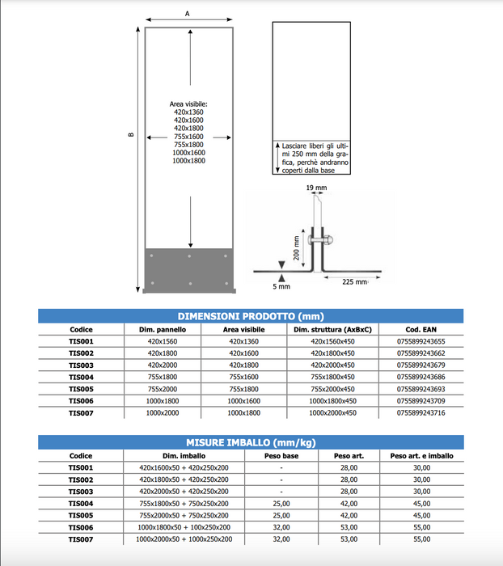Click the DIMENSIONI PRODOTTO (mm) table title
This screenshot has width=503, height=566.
click(x=251, y=316)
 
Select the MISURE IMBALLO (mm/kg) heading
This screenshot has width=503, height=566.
click(x=251, y=442)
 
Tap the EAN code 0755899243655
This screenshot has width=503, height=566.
click(x=421, y=342)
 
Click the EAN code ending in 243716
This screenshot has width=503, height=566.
click(x=421, y=413)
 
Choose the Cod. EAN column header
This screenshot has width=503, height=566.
click(x=421, y=330)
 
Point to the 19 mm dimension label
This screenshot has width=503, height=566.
click(x=317, y=188)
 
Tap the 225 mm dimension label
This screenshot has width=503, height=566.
click(x=353, y=282)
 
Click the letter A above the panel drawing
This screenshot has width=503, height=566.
click(x=188, y=13)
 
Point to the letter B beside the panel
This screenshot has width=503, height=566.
click(x=130, y=134)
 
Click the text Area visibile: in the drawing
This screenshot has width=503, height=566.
click(x=188, y=104)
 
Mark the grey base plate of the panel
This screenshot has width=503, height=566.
click(x=189, y=270)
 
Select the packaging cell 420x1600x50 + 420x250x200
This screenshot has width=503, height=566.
click(x=184, y=468)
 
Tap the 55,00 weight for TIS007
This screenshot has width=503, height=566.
click(x=421, y=539)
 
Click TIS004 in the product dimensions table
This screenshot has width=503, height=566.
click(x=81, y=378)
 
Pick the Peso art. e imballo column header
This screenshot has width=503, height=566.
click(x=421, y=456)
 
